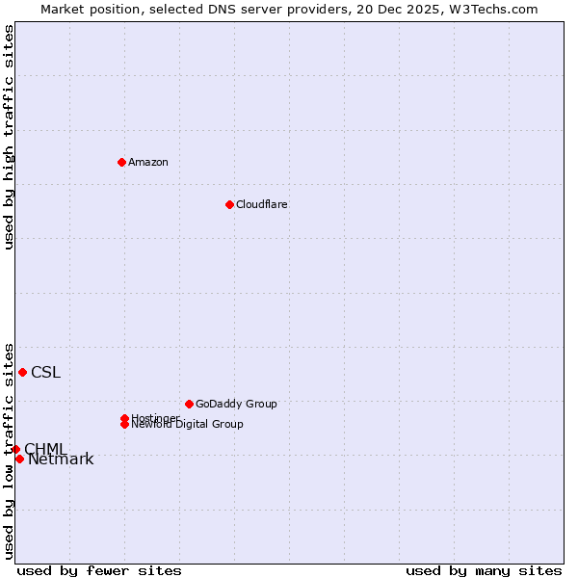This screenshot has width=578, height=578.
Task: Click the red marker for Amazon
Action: [121, 162]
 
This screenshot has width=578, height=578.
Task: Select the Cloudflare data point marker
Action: [229, 204]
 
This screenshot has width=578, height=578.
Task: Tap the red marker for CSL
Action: [22, 372]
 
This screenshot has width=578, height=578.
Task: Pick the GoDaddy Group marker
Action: [189, 404]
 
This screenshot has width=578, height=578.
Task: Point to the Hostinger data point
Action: [124, 418]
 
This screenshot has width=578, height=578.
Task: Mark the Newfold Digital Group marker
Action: [124, 425]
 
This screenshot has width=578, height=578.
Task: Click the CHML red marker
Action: [15, 449]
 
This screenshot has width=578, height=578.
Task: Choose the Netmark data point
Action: [19, 459]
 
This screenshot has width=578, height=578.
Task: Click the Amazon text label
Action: [148, 162]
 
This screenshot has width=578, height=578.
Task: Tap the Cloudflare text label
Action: [262, 204]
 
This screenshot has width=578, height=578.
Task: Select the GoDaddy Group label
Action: [236, 404]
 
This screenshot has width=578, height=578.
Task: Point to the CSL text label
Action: [45, 373]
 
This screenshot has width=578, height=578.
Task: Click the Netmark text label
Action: [61, 460]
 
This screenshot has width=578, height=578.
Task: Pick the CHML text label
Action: [45, 449]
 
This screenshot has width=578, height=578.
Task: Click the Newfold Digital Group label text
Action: [188, 425]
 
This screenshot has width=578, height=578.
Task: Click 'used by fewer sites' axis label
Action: [99, 570]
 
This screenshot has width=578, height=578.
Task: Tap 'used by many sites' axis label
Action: [484, 570]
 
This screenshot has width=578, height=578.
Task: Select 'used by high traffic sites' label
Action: [9, 137]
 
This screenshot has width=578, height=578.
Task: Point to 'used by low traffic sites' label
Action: [9, 450]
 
